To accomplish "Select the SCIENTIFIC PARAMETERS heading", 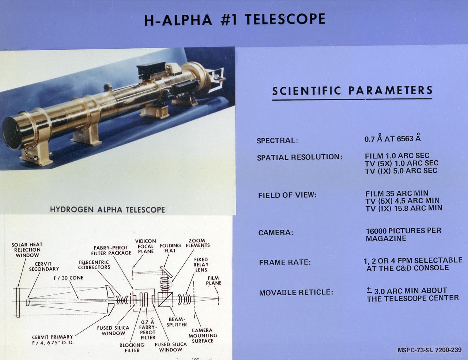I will [x=352, y=90].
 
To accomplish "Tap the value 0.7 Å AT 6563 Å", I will [x=392, y=139].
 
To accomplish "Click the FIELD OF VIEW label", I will [x=287, y=195].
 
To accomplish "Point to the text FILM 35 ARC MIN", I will [x=397, y=193].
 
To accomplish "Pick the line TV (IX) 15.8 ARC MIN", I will [x=404, y=208].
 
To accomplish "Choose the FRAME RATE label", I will [x=284, y=263].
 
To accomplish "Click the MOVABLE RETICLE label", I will [x=296, y=293].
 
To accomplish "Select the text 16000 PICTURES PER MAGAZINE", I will [x=403, y=235].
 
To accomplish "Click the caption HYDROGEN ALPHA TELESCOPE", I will [x=107, y=210].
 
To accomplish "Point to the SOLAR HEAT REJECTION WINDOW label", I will [x=27, y=250].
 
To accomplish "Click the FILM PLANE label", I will [x=214, y=281].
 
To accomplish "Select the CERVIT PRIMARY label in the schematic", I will [x=52, y=340].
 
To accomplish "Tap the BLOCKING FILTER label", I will [x=132, y=348].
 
